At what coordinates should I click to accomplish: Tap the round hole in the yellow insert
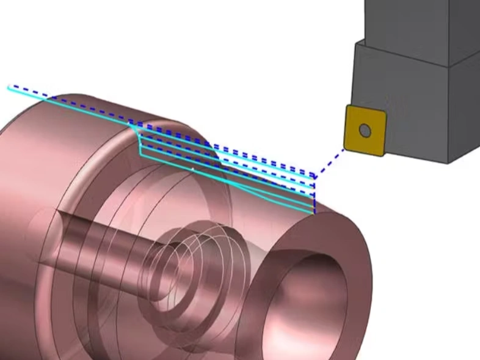point(365,130)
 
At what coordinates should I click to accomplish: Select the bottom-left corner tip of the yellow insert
point(347,147)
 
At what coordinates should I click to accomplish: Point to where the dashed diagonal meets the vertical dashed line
point(314,176)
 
